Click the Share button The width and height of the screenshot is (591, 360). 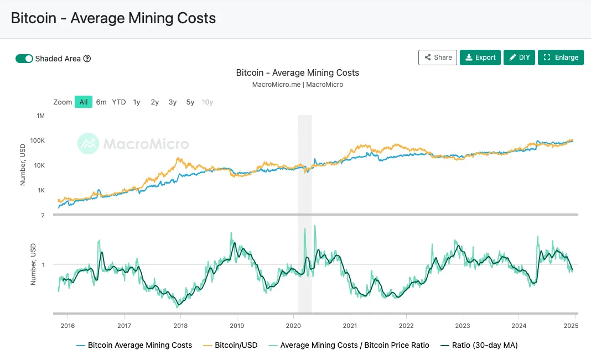437,58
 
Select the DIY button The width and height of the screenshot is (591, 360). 519,58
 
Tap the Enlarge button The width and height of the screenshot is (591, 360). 561,58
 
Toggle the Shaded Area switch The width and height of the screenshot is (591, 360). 24,59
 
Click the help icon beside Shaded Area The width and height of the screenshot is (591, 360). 87,59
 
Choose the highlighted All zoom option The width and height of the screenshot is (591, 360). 84,102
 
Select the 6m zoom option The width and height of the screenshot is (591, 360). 101,102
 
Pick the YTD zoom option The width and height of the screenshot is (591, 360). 119,102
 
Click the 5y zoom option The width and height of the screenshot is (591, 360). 190,102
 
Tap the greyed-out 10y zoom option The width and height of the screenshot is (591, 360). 208,102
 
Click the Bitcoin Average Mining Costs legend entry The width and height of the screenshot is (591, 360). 134,345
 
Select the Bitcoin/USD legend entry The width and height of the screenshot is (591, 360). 231,345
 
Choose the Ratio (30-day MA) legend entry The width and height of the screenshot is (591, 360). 479,345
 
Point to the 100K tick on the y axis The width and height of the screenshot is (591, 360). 37,140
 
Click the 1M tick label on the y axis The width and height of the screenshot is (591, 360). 40,116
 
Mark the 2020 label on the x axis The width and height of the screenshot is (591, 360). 293,326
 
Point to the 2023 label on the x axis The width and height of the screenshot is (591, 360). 463,326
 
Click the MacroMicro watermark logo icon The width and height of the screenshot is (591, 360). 88,144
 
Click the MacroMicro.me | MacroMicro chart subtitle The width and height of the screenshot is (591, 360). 297,85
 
